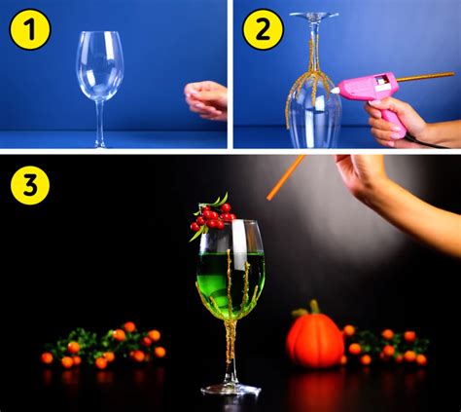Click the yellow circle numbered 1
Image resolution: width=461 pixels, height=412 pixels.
click(29, 30)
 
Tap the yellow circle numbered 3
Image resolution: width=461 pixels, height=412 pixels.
click(29, 187)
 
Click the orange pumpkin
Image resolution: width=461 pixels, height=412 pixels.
click(315, 340)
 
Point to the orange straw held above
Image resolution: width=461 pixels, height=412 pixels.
click(286, 176)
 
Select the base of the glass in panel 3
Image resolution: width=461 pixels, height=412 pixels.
click(230, 389)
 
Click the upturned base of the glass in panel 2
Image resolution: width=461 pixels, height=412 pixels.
click(313, 16)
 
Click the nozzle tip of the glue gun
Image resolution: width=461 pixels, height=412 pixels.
click(333, 90)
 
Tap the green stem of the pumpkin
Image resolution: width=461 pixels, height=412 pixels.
click(315, 307)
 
